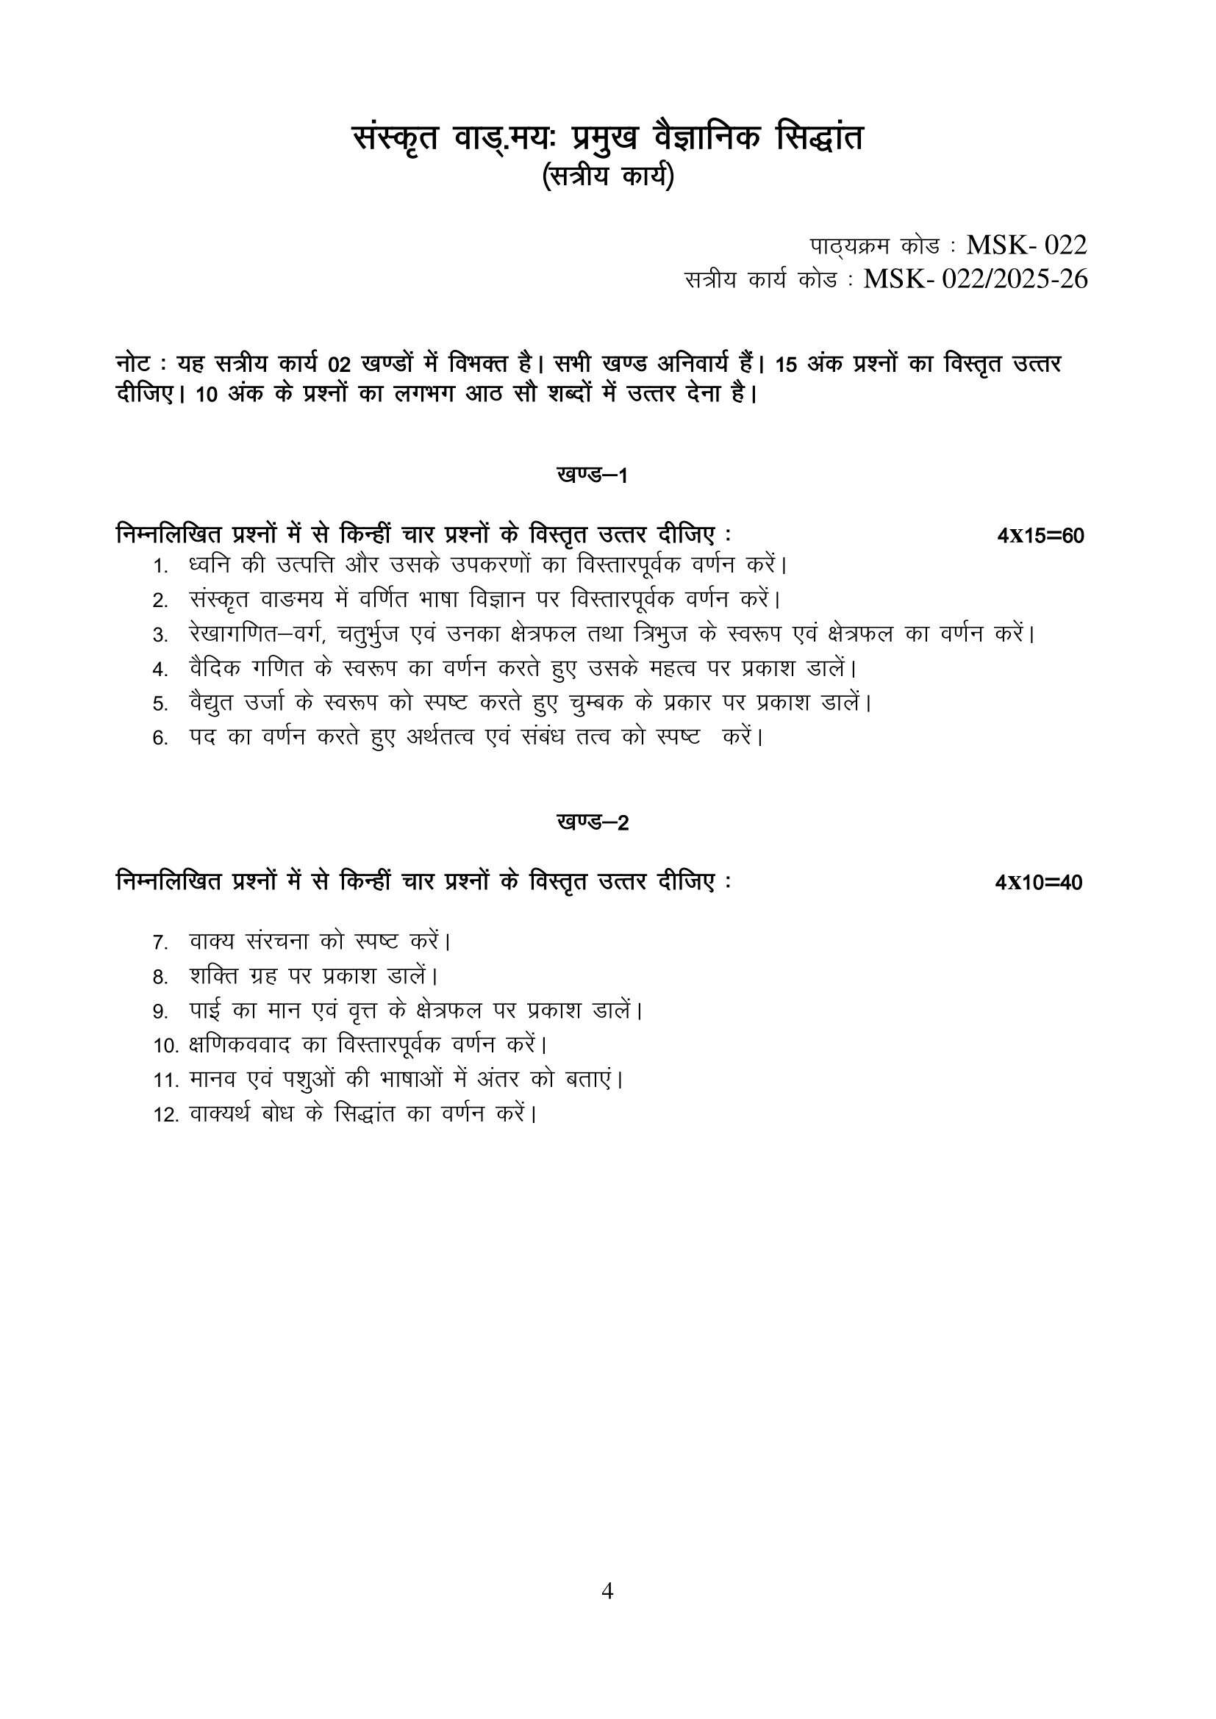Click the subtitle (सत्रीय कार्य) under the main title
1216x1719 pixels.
pos(607,176)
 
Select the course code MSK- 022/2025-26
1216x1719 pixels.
pos(975,279)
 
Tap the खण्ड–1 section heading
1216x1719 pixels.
pos(593,475)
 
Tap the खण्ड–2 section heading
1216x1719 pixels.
pos(593,822)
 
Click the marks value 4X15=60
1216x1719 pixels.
pos(1040,536)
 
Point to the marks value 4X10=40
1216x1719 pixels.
pos(1039,883)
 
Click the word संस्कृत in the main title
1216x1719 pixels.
pos(396,139)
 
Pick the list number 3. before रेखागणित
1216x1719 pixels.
pos(160,636)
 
